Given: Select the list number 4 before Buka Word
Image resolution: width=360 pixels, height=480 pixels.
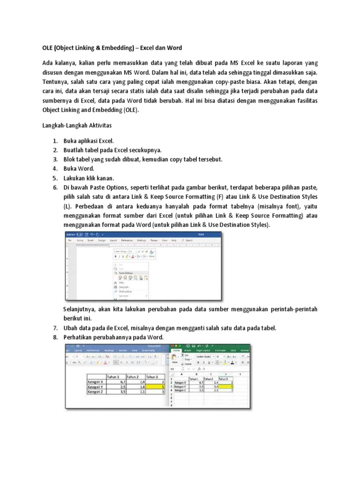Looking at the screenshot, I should pos(55,168).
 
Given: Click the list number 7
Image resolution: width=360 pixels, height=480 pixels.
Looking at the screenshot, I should pos(55,328).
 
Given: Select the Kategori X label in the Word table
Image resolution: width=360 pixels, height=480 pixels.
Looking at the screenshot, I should pos(96,382).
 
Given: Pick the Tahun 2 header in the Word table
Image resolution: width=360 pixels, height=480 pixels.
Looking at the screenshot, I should pos(135,376).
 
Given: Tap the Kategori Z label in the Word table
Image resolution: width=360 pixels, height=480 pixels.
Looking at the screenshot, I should pos(96,393).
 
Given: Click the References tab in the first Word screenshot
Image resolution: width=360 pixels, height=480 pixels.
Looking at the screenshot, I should pos(127,240).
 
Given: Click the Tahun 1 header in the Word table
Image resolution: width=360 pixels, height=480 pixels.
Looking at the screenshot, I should pos(115,376).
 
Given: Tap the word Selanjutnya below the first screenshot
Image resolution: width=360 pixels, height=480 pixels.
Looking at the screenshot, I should pos(82,309).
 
